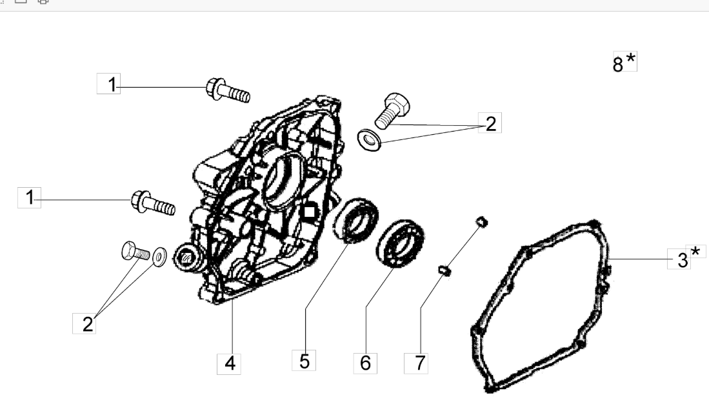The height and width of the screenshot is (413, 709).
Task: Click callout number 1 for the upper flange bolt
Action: coord(112,84)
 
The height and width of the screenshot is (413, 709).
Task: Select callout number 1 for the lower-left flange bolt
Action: coord(30,197)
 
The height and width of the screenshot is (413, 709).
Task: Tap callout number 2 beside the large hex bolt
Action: coord(491,123)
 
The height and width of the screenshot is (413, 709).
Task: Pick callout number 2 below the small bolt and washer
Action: coord(88,324)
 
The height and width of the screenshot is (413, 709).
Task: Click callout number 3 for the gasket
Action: coord(683,260)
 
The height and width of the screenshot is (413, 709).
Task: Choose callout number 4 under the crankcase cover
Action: coord(230,364)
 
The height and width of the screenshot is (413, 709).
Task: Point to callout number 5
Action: coord(305,361)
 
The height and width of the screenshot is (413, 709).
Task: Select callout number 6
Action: coord(365,363)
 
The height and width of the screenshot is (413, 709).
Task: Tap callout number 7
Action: coord(419,363)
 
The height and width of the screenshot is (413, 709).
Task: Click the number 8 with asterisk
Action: coord(624,62)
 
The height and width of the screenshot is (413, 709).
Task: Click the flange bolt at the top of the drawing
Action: coord(228,90)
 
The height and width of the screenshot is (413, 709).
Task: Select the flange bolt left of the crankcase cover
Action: coord(153,203)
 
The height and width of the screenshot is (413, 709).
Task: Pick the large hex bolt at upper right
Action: coord(392,110)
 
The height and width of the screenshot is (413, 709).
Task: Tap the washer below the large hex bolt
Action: coord(369,140)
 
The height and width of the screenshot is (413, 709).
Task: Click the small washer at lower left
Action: coord(159,256)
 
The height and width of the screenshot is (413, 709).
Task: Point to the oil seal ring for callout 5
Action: coord(355,219)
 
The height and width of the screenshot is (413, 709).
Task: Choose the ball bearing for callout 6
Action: coord(400,243)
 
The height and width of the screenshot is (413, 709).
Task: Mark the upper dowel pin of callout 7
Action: coord(482,221)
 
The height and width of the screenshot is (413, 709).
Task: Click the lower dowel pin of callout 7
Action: coord(444,270)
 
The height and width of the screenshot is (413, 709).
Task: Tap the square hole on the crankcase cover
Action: coord(309,212)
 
